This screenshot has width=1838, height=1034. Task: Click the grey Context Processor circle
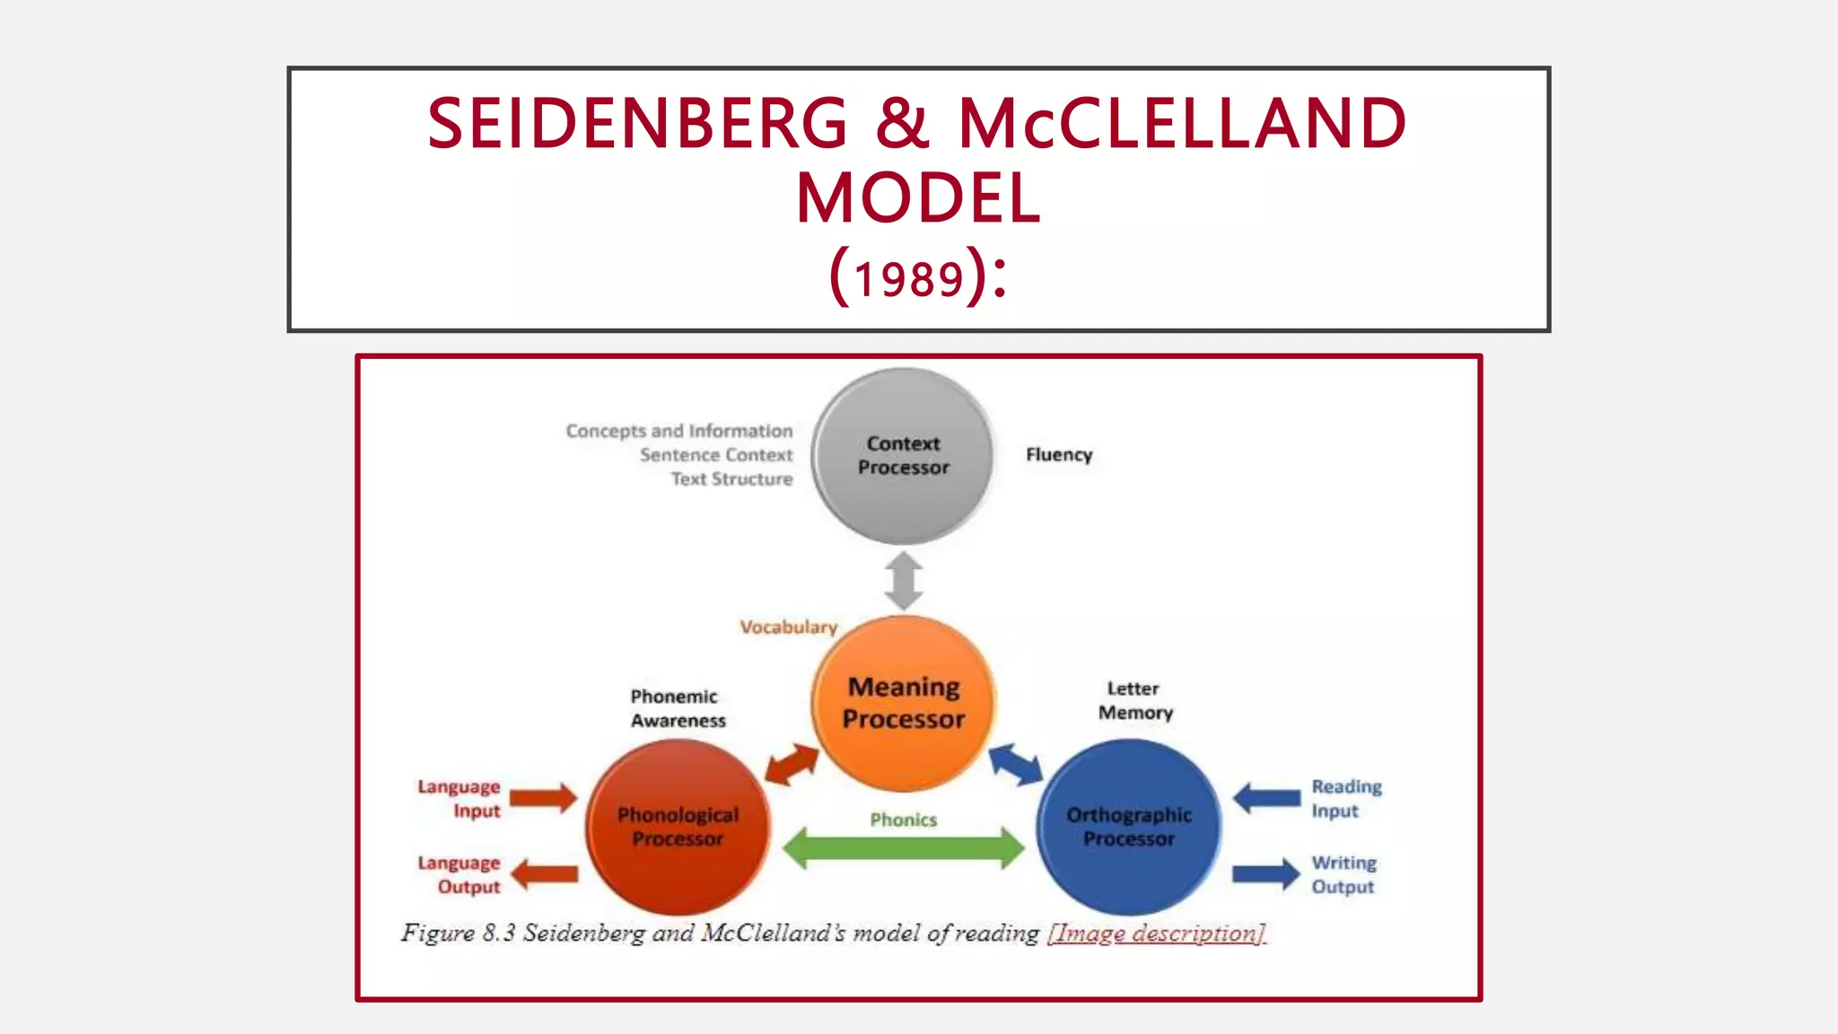[x=903, y=456]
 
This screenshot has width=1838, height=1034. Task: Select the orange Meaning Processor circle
[x=903, y=703]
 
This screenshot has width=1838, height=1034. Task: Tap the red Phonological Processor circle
[x=678, y=827]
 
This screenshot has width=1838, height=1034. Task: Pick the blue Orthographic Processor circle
[x=1129, y=827]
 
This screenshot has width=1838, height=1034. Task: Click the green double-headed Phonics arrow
[x=903, y=848]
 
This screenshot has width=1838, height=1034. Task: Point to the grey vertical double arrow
[x=903, y=581]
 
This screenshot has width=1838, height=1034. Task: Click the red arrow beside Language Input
[x=543, y=797]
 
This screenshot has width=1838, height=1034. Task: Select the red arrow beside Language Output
[x=544, y=874]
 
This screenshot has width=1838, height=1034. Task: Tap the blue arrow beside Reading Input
[x=1266, y=797]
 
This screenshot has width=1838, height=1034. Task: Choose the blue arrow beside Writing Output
[x=1265, y=874]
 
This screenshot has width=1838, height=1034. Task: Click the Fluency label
[x=1059, y=455]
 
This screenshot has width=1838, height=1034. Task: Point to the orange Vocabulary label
[x=788, y=627]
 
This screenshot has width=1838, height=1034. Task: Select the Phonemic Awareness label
[x=677, y=708]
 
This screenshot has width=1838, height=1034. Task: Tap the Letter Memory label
[x=1134, y=701]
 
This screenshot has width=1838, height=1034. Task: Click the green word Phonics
[x=903, y=819]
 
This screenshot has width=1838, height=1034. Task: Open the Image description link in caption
[x=1156, y=933]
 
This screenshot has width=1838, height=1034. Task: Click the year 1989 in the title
[x=908, y=279]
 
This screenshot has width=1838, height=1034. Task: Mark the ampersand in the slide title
[x=902, y=123]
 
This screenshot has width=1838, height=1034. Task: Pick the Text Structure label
[x=731, y=479]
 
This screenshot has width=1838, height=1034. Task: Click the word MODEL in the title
[x=918, y=198]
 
